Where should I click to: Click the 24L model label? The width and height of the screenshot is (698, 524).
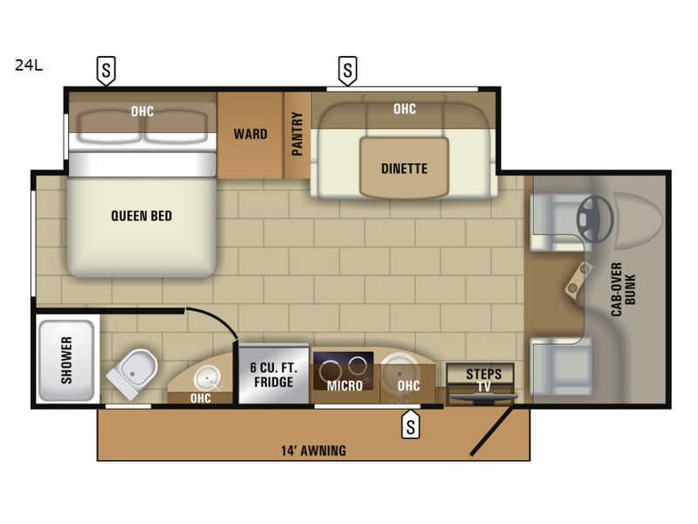(29, 65)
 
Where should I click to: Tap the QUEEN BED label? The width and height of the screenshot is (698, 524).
(141, 216)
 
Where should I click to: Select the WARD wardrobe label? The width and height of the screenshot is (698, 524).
(250, 134)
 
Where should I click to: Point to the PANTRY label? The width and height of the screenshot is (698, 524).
(297, 134)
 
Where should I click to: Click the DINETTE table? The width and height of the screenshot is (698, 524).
(404, 168)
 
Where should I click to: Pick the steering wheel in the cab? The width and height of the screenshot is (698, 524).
(595, 219)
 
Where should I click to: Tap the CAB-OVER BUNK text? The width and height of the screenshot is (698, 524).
(623, 290)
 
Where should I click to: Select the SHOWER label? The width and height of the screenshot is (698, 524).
(66, 360)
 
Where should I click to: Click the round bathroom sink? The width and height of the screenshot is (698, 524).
(208, 379)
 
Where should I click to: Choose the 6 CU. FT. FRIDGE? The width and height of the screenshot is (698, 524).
(274, 375)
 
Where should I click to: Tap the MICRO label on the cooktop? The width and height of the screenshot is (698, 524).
(345, 385)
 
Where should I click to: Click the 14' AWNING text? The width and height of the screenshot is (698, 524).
(313, 451)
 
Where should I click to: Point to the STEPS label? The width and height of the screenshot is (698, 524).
(484, 374)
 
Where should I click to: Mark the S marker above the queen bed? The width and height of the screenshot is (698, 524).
(106, 71)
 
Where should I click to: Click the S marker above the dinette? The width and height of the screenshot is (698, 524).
(347, 71)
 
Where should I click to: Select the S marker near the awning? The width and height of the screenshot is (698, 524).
(410, 424)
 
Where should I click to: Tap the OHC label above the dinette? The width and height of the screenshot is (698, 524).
(405, 108)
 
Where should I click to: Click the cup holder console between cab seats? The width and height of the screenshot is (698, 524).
(578, 279)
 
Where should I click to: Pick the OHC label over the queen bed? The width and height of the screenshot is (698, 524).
(142, 111)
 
